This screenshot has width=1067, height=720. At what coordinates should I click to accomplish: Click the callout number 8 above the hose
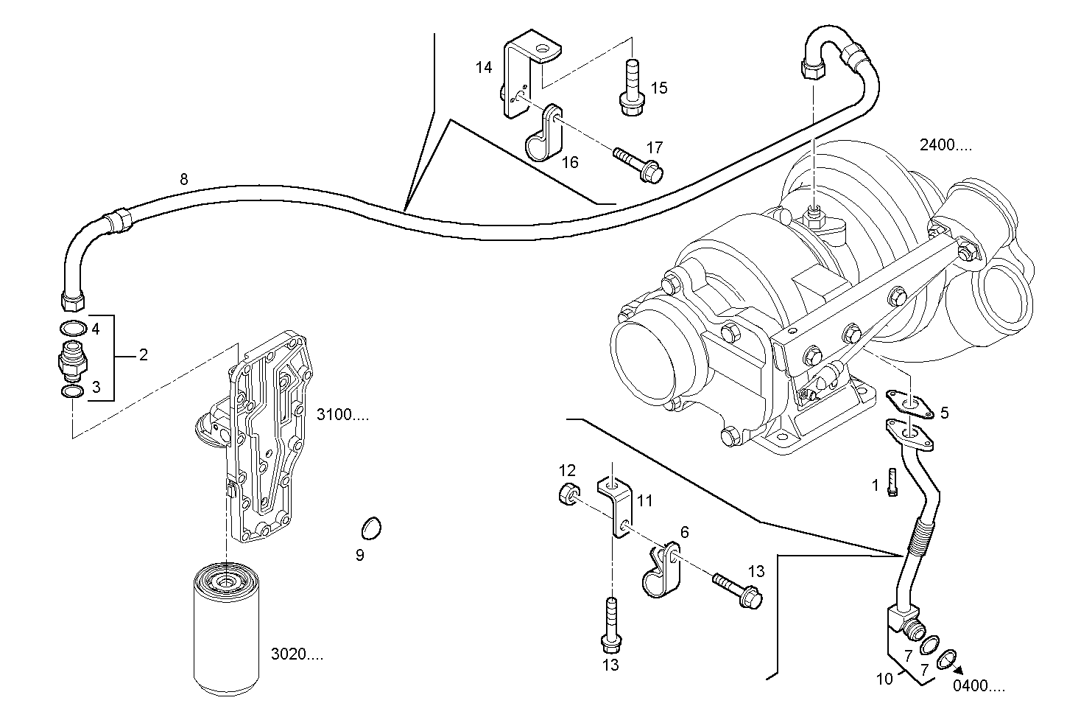183,178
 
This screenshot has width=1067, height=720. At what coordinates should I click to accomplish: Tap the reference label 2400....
945,145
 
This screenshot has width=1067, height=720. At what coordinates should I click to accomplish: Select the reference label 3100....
342,416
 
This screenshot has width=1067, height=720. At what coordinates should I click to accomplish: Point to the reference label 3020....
297,654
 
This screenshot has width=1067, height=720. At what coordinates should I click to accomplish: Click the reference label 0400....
979,687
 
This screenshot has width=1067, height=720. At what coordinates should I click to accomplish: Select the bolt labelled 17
638,163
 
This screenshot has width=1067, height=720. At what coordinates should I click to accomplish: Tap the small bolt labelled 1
892,483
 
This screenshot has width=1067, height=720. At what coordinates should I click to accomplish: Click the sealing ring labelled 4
71,328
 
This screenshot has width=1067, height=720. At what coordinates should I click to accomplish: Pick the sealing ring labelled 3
71,391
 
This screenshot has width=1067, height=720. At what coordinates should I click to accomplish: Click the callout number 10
884,678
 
